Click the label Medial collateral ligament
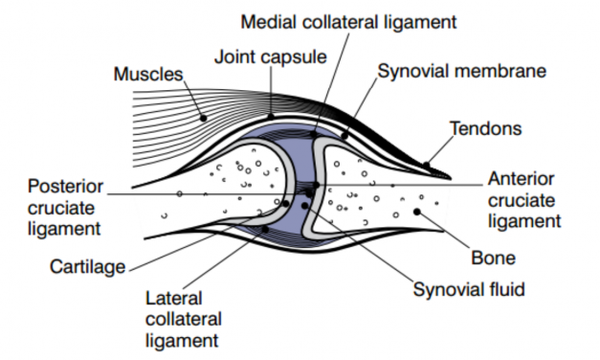pos(348,20)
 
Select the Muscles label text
pos(147,74)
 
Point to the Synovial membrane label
pos(461,72)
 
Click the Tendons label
pos(488,127)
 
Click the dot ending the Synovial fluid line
pos(305,205)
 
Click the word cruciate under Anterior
pos(518,200)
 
